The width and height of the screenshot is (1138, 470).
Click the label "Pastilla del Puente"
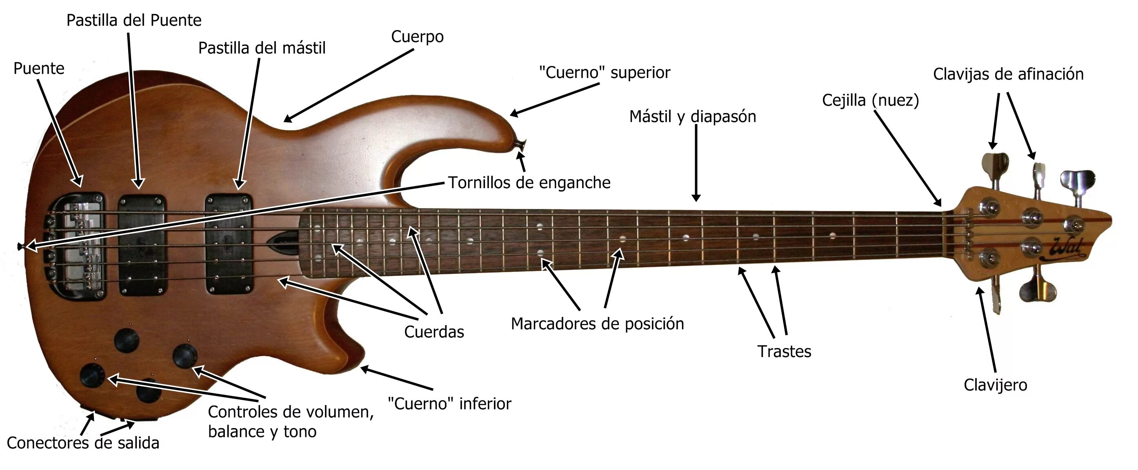[134, 20]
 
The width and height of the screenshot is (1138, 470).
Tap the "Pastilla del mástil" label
[262, 48]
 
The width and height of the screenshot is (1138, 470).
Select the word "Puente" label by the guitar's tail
[39, 69]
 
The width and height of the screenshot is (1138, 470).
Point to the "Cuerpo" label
[417, 37]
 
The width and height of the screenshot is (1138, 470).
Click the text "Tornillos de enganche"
[529, 182]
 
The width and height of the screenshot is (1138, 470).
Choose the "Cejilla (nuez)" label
[870, 100]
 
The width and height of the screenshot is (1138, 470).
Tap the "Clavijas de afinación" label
[1008, 74]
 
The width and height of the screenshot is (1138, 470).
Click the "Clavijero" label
[995, 385]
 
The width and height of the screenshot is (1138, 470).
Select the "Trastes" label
[784, 352]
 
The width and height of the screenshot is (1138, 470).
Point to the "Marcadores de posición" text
[597, 324]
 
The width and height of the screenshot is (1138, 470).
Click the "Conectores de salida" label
[83, 443]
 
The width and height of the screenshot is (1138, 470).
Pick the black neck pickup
[229, 244]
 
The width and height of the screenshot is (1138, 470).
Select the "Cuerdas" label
[434, 332]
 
